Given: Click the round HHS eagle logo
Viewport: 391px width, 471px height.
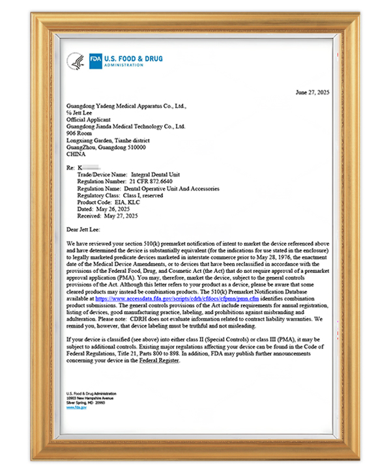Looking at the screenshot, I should [76, 61].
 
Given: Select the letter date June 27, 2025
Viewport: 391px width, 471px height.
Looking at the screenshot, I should [312, 93].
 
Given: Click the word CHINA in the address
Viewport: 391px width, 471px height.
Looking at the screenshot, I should [76, 154].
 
